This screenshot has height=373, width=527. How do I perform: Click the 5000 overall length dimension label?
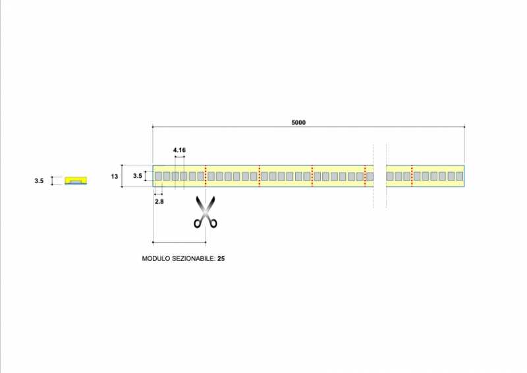(299, 122)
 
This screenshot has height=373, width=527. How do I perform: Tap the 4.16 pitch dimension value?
(179, 150)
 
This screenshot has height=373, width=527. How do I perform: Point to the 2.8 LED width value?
(159, 201)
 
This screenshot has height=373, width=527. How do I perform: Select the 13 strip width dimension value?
(115, 176)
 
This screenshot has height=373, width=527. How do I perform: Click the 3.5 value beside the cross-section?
(39, 180)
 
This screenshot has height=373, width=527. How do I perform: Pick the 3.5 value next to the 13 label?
(137, 176)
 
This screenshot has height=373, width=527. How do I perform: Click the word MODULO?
(155, 259)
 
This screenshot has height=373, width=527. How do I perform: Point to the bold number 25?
(221, 259)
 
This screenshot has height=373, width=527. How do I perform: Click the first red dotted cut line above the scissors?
(206, 176)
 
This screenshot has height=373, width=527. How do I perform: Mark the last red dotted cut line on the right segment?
(412, 176)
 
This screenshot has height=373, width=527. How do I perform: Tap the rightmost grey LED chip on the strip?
(460, 176)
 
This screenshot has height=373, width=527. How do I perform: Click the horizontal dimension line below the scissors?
(179, 242)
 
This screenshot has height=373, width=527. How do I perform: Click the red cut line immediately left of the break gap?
(365, 176)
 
